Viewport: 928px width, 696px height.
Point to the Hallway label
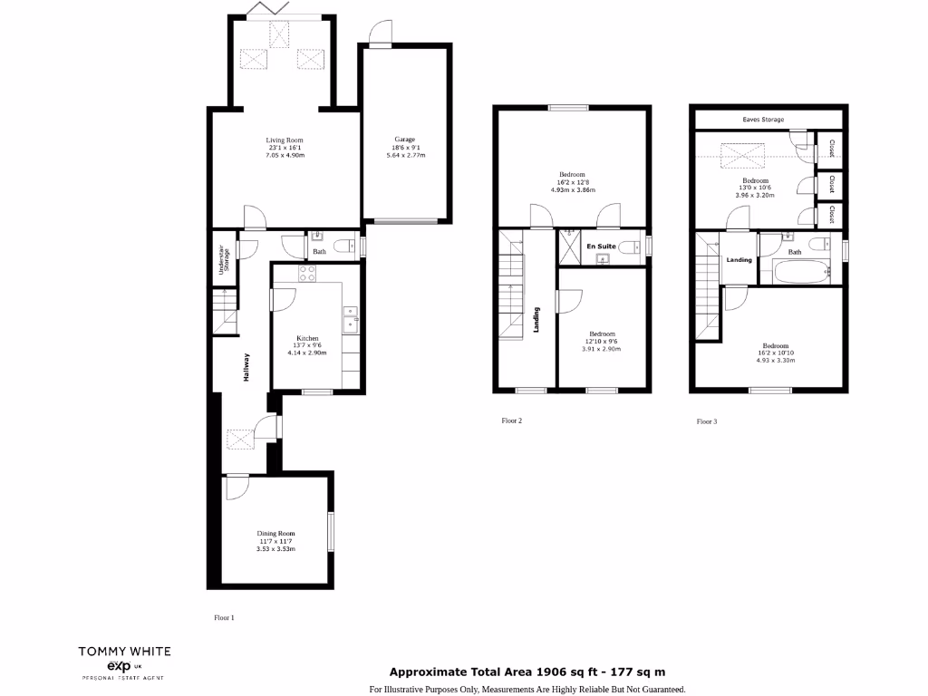click(246, 367)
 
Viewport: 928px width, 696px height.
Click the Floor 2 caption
click(512, 420)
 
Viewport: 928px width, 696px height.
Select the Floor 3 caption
click(707, 421)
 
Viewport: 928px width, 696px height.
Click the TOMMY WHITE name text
click(124, 651)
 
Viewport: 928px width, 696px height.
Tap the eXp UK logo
click(124, 666)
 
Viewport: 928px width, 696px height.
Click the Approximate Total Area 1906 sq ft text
click(527, 672)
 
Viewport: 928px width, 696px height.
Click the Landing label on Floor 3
click(739, 260)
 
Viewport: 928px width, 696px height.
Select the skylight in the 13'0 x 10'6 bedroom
click(741, 156)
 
